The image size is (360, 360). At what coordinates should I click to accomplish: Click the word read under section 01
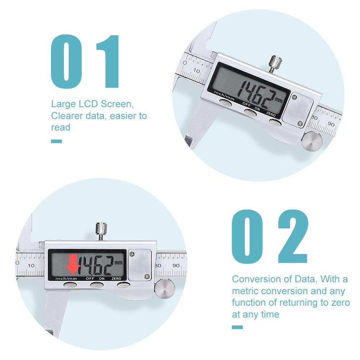(x=60, y=127)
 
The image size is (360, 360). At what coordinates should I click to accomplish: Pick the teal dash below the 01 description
(x=56, y=141)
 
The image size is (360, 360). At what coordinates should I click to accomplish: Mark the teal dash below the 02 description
(x=237, y=327)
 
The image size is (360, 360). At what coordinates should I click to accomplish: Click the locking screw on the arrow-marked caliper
(x=101, y=230)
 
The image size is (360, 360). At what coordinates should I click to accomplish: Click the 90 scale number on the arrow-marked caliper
(x=176, y=265)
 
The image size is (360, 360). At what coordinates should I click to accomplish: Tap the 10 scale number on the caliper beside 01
(x=197, y=71)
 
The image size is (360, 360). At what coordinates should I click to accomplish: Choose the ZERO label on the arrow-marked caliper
(x=116, y=278)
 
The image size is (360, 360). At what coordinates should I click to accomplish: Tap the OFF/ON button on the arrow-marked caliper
(x=96, y=285)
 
